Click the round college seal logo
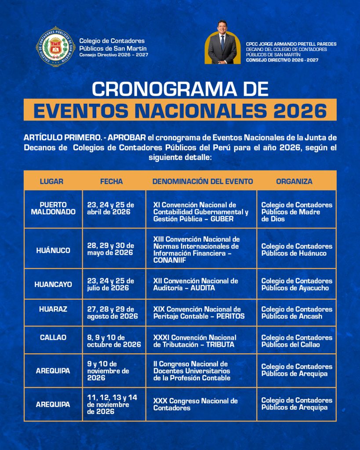55,46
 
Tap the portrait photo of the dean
222,43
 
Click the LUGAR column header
51,181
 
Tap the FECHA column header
111,181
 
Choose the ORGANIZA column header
294,181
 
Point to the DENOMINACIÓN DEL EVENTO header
203,181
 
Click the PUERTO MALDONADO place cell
53,208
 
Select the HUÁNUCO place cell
53,250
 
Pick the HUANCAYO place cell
53,284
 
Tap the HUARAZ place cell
53,309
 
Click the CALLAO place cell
53,337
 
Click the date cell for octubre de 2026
114,341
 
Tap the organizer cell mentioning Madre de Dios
297,212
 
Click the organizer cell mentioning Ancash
297,313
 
